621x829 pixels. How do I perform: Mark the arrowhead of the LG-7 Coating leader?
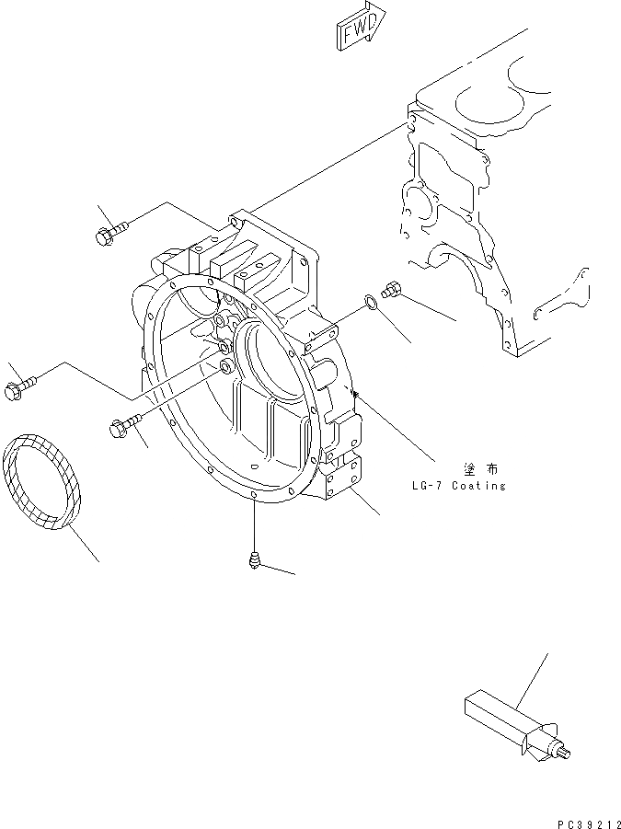coord(354,393)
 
